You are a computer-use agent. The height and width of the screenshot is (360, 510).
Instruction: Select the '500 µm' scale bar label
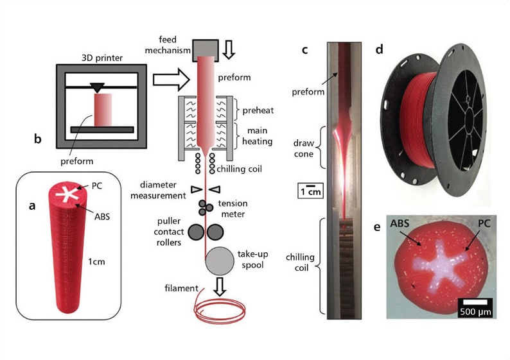475,311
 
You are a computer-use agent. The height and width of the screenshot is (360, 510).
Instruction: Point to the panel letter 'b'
38,138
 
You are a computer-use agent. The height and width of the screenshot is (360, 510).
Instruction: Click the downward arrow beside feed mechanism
234,47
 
